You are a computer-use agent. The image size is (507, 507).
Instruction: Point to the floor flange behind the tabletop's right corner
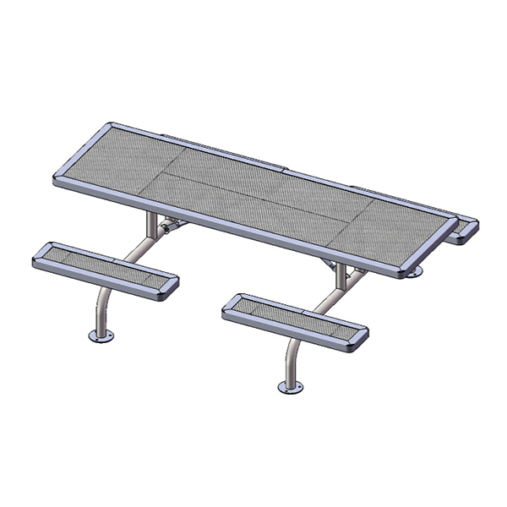pos(413,271)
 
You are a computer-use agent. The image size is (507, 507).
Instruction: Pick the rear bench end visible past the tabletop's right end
pos(463,230)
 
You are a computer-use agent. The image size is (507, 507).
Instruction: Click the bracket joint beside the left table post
pos(169,226)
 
